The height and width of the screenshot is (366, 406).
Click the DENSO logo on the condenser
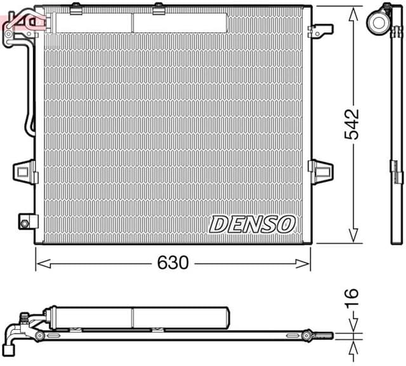click(x=252, y=223)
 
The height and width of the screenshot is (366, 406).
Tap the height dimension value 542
click(x=353, y=124)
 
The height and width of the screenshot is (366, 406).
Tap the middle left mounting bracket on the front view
click(x=24, y=170)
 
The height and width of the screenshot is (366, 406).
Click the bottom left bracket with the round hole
click(x=25, y=223)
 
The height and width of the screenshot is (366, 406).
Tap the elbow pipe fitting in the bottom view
click(x=14, y=339)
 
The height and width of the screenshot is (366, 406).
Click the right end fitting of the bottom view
click(x=311, y=335)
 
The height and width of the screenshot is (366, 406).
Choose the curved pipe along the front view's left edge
click(x=28, y=95)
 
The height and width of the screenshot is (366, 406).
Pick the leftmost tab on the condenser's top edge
click(x=75, y=8)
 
